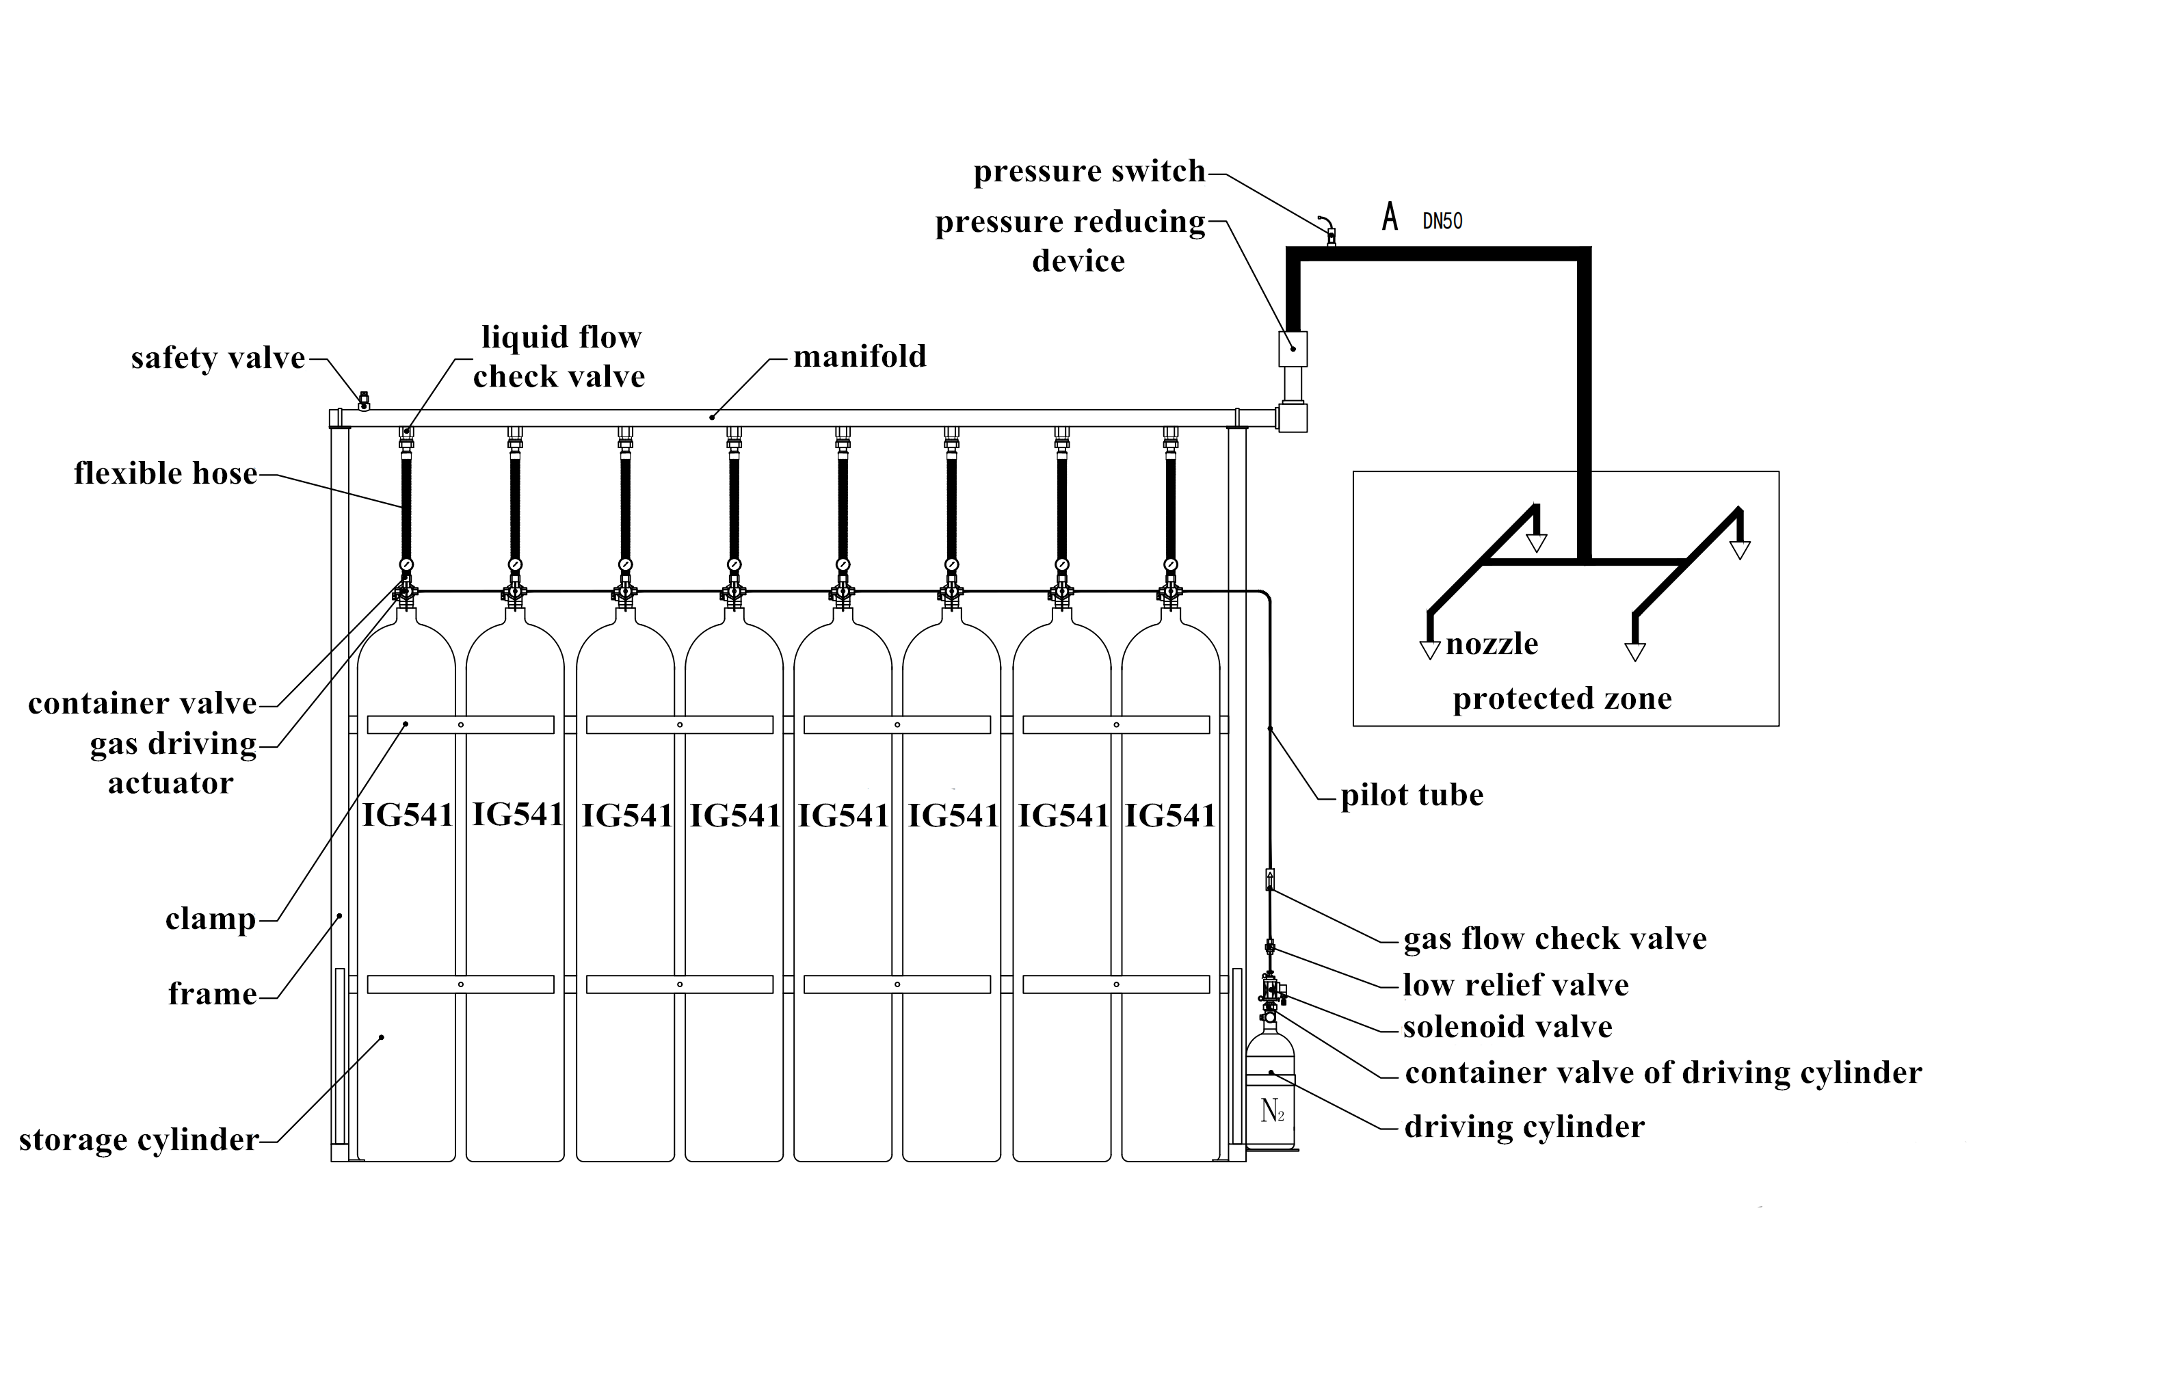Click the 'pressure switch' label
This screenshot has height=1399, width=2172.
1089,172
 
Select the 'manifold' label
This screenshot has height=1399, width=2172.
859,356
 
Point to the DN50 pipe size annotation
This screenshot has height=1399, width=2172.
1442,221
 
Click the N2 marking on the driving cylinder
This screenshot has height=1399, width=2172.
1272,1110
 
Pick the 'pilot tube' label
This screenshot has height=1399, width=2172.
1412,795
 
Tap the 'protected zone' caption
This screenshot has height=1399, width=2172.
1562,698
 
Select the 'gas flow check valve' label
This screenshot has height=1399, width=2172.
1554,939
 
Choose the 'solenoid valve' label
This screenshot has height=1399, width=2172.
1507,1027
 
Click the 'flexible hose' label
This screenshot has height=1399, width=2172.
165,473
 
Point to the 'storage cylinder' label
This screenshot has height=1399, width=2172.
139,1139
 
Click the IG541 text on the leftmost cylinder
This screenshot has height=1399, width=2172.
408,815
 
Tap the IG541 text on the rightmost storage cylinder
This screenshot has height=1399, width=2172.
1169,815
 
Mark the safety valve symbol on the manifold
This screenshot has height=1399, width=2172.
364,401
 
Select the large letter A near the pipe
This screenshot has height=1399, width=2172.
1389,217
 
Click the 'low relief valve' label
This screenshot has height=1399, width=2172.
1515,984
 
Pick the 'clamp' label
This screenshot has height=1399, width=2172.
211,919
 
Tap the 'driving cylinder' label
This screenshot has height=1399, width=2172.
1524,1127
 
